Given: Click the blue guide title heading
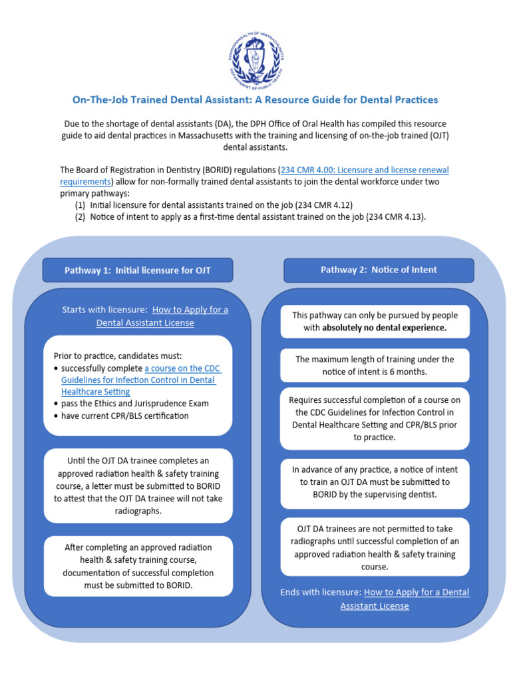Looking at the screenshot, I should pyautogui.click(x=255, y=100).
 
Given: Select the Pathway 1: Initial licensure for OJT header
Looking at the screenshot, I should pyautogui.click(x=138, y=270).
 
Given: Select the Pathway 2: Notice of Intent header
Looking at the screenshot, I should pyautogui.click(x=379, y=270).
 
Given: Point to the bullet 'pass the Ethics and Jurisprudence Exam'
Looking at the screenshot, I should pyautogui.click(x=134, y=404).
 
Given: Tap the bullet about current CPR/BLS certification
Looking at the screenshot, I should pyautogui.click(x=124, y=416).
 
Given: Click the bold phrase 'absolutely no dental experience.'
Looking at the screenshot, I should pyautogui.click(x=384, y=328).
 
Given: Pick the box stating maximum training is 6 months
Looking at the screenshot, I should pyautogui.click(x=375, y=366).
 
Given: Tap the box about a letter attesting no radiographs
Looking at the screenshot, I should pyautogui.click(x=138, y=486).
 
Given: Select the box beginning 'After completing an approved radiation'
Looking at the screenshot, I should pyautogui.click(x=138, y=566).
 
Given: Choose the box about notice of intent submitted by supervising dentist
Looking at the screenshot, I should pyautogui.click(x=375, y=482).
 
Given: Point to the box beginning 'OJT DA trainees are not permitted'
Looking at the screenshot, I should pyautogui.click(x=375, y=547).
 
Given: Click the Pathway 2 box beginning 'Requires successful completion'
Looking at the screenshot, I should pyautogui.click(x=375, y=418).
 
